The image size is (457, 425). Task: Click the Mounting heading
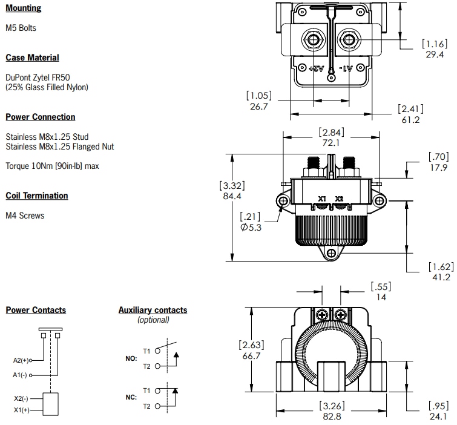[x=24, y=8]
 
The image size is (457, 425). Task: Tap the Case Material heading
[x=32, y=58]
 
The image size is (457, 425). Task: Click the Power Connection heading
[x=41, y=117]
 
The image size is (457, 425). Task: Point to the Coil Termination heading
[x=37, y=196]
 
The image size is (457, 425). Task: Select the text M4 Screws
[x=25, y=216]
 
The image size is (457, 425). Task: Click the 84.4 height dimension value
[x=233, y=196]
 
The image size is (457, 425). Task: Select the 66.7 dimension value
[x=251, y=356]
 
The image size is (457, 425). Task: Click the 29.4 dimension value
[x=434, y=54]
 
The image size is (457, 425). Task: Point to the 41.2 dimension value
[x=439, y=277]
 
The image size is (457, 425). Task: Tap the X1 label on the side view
[x=322, y=199]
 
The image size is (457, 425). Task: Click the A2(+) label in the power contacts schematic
[x=21, y=360]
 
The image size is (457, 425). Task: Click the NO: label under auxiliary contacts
[x=131, y=358]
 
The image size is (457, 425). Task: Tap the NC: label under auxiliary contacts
[x=131, y=397]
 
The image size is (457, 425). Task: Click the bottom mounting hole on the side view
[x=331, y=255]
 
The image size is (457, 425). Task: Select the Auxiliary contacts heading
[x=153, y=310]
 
